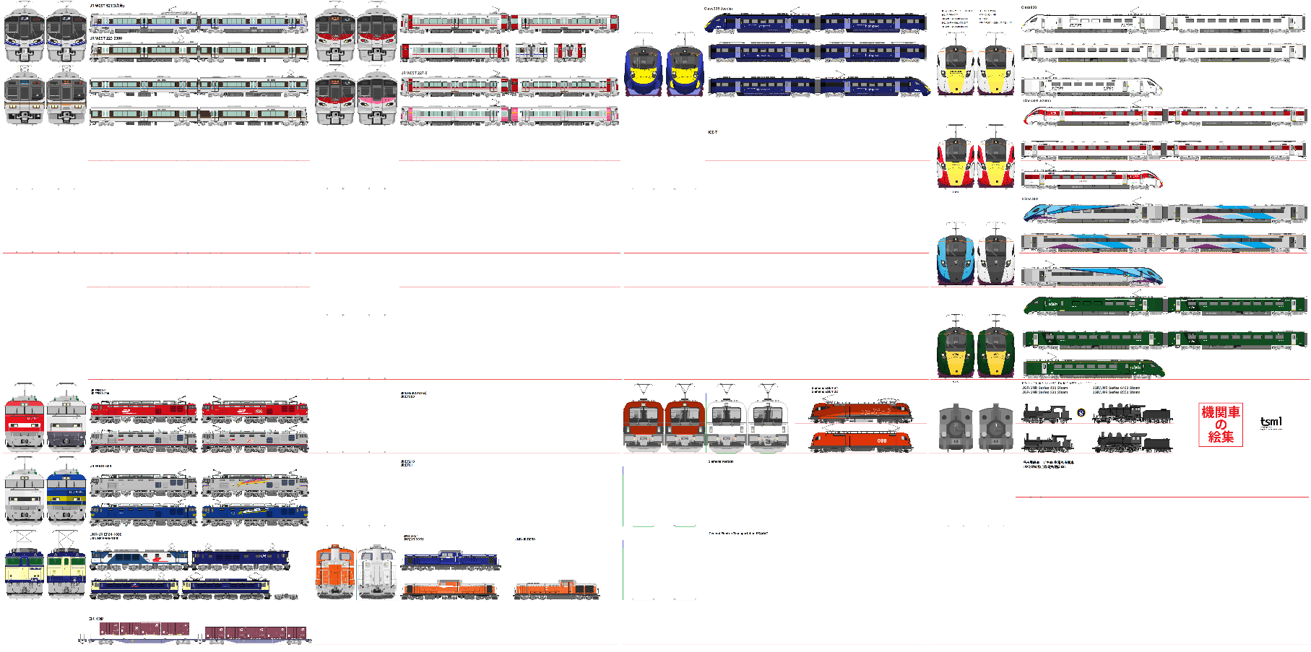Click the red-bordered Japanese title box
(x=1220, y=425)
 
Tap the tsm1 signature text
(x=1271, y=422)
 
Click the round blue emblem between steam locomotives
(x=1081, y=413)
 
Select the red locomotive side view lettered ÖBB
(x=860, y=440)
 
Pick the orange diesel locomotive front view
(x=335, y=573)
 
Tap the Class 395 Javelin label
(x=718, y=9)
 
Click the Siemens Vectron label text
(x=721, y=461)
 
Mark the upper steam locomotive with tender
(x=1132, y=414)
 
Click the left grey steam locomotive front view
(x=955, y=428)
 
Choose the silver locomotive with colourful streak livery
(x=255, y=484)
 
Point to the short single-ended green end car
(x=1094, y=369)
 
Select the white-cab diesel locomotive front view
(x=376, y=573)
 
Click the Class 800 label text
(x=1029, y=7)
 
